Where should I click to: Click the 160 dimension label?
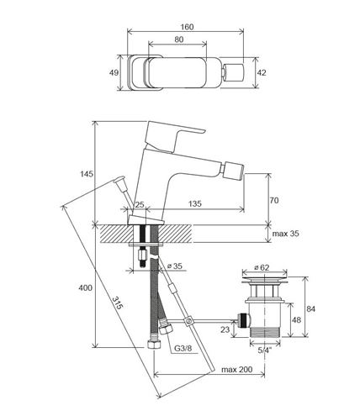tap(187, 27)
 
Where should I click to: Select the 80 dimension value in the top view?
tap(179, 39)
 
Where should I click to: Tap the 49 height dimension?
tap(114, 73)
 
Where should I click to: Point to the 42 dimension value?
tap(262, 73)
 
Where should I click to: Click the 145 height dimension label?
tap(87, 174)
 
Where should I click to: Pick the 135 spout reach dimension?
tap(194, 203)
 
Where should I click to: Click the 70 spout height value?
tap(274, 200)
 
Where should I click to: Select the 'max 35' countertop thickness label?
tap(285, 234)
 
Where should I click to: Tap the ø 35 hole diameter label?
tap(175, 266)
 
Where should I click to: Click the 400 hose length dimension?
tap(85, 287)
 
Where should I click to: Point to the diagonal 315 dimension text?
tap(117, 303)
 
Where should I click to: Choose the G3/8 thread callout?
tap(183, 349)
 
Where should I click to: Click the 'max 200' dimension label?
tap(237, 370)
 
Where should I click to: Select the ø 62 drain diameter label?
tap(262, 267)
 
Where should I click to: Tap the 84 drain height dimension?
tap(310, 309)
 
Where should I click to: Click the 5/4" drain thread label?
tap(265, 350)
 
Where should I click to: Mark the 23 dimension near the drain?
tap(225, 329)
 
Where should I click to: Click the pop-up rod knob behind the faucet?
tap(119, 180)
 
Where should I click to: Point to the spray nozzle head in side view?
tap(233, 170)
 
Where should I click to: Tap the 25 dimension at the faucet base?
tap(140, 204)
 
